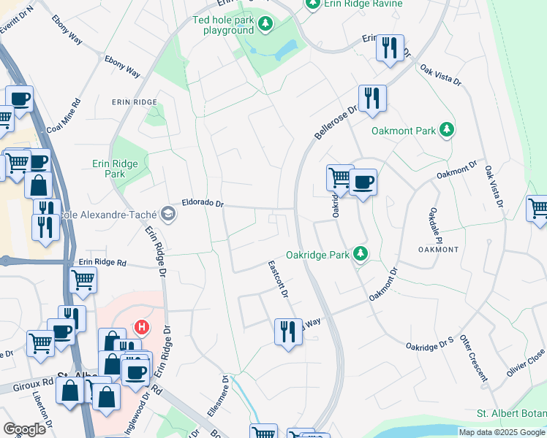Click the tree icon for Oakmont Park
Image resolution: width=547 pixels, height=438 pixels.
pos(447,131)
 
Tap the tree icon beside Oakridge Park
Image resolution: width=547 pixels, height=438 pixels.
pos(360,254)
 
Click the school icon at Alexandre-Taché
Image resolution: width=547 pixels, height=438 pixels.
pos(169,213)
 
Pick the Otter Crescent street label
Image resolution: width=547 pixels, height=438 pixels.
pos(474,359)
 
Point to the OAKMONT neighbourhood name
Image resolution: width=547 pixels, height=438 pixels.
pos(438,250)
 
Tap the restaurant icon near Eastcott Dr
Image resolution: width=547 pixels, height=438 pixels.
pos(288,331)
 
